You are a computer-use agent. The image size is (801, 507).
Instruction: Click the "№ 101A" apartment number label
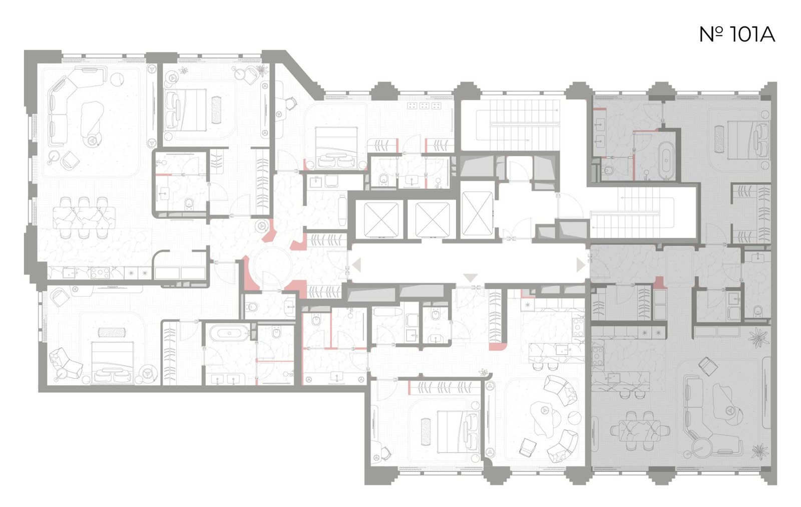pos(737,35)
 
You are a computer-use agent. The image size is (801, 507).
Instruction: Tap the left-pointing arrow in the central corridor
pos(357,266)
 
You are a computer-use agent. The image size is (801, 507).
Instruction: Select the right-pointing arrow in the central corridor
pos(581,266)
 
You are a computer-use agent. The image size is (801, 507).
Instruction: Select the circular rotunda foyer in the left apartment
pos(272,265)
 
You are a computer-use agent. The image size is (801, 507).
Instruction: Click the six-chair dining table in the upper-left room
pos(84,217)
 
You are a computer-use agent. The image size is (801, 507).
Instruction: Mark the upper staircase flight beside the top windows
pos(518,125)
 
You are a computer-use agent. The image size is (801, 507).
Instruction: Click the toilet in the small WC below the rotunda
pos(252,307)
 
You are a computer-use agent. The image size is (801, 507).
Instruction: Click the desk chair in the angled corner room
pos(291,103)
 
